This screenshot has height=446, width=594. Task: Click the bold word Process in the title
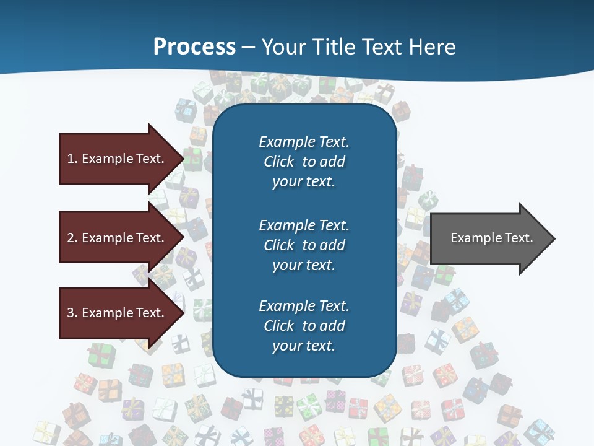pyautogui.click(x=194, y=46)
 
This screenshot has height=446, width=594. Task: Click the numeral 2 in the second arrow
pyautogui.click(x=71, y=238)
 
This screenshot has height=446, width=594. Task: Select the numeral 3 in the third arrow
pyautogui.click(x=71, y=313)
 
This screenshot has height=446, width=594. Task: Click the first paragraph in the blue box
pyautogui.click(x=304, y=161)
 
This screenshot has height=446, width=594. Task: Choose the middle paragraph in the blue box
pyautogui.click(x=304, y=245)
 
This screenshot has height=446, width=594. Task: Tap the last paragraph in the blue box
pyautogui.click(x=304, y=325)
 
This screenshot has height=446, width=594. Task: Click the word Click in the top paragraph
pyautogui.click(x=279, y=162)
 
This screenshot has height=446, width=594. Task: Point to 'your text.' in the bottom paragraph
pyautogui.click(x=304, y=346)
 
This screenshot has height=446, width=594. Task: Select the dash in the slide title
pyautogui.click(x=249, y=47)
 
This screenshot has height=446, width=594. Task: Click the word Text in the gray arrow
pyautogui.click(x=519, y=238)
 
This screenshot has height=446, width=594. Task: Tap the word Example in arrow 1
pyautogui.click(x=107, y=159)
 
